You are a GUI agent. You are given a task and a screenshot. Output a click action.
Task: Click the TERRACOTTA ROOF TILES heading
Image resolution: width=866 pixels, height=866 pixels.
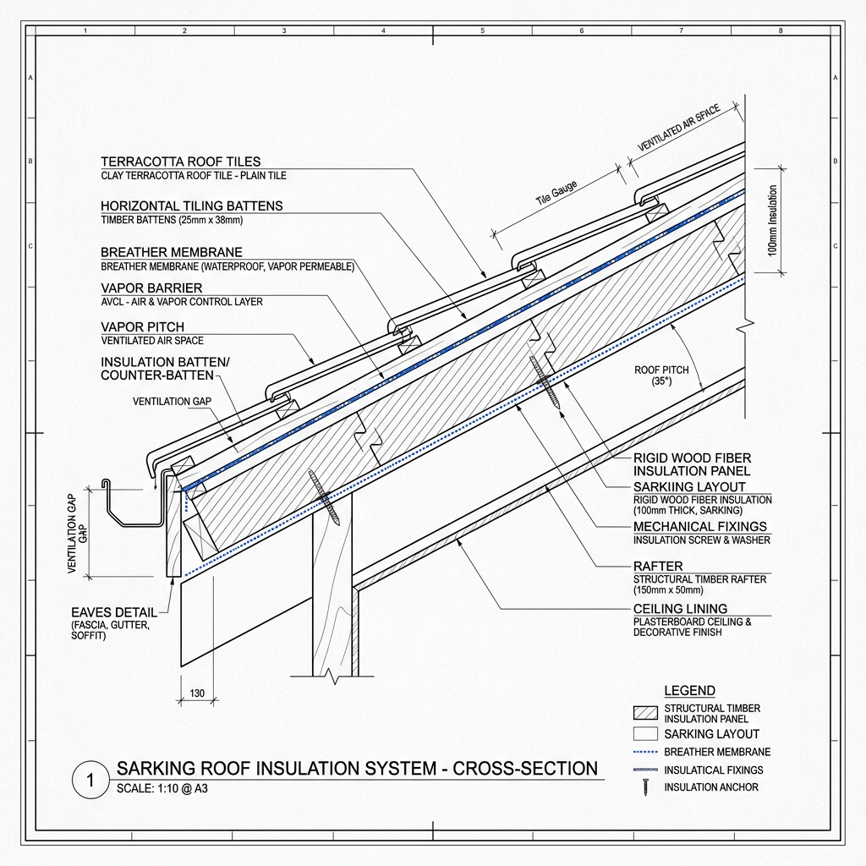181,162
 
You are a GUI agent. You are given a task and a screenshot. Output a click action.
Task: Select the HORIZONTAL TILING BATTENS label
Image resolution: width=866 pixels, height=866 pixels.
192,206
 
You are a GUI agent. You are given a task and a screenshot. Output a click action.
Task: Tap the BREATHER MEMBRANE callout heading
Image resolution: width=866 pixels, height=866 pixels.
171,252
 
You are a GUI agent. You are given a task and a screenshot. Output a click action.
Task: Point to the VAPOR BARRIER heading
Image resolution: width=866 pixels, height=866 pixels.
151,288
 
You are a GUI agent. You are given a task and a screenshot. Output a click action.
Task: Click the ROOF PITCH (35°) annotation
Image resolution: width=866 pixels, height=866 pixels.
661,375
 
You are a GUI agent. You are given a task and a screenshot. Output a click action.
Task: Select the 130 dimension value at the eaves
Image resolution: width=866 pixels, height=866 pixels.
197,693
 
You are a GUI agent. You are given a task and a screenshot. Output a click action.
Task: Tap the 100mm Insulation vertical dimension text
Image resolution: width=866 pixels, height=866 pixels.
772,221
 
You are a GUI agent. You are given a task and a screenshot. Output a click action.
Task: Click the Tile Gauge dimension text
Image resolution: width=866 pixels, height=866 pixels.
556,193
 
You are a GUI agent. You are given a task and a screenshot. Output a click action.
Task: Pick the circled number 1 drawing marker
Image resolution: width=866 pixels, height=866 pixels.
90,780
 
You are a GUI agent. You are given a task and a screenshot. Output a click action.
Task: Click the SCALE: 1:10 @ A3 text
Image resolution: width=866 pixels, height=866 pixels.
162,788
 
